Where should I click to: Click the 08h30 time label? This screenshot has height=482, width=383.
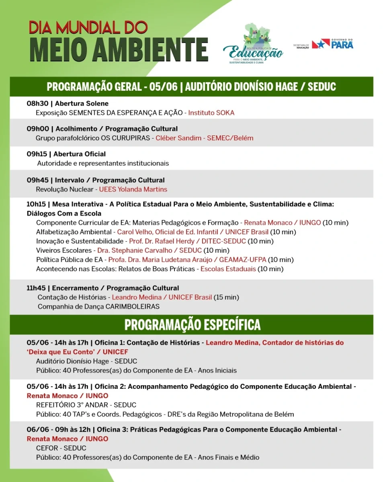(37, 104)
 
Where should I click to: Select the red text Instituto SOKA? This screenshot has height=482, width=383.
(211, 113)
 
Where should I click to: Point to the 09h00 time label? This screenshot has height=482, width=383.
(38, 129)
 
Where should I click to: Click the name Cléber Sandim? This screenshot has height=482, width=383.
(177, 138)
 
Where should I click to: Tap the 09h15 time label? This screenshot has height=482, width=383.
(38, 154)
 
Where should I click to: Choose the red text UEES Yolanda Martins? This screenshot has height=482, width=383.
(133, 189)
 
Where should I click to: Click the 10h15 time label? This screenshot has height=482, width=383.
(37, 204)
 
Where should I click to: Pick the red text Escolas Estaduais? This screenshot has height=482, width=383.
(228, 269)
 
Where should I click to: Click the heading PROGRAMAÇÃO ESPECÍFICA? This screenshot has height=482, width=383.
(192, 325)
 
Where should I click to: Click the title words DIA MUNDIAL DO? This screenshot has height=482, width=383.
(88, 27)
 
